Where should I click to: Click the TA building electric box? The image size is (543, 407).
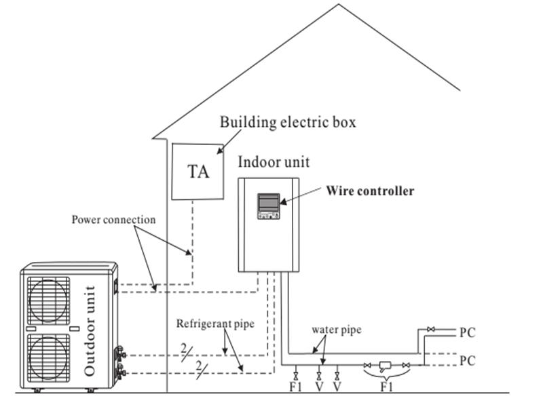click(198, 171)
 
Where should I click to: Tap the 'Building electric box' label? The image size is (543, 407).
click(288, 123)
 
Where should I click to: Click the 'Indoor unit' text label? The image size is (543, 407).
click(274, 161)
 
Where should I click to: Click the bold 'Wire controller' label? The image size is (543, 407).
click(370, 191)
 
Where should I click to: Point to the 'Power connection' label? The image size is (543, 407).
click(114, 220)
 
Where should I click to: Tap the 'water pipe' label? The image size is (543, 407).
click(336, 330)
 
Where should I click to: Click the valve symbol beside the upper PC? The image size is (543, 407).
click(430, 330)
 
